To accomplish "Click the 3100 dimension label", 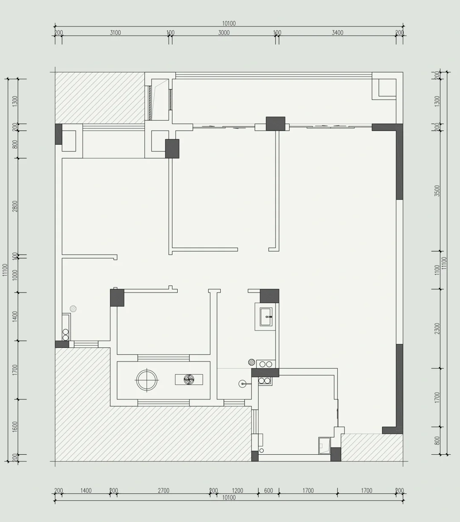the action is coord(115,33).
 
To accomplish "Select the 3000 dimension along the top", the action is coord(224,33).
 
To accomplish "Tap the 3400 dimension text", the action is coord(338,33).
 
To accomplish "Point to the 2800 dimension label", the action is coord(15,206).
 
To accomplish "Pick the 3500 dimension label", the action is coord(437,190).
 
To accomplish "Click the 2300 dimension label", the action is coord(437,328).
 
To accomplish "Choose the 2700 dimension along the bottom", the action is coord(164,490).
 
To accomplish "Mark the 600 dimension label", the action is coord(268,490).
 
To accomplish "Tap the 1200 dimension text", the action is coord(237,490).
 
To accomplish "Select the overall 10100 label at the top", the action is coord(229,24).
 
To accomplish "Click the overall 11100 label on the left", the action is coord(5,270).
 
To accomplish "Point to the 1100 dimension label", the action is coord(437,270).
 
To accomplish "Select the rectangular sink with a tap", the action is coord(266,317).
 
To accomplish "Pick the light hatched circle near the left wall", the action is coord(73,309).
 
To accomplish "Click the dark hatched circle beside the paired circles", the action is coord(252,362).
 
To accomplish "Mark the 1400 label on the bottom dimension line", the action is coord(86,490).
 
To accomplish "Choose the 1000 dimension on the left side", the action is coord(15,275).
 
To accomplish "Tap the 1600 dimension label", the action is coord(15,427).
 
